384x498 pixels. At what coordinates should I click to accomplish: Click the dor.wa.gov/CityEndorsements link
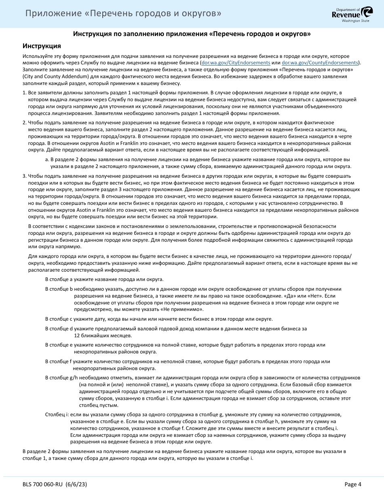236,63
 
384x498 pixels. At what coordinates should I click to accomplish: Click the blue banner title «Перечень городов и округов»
123,14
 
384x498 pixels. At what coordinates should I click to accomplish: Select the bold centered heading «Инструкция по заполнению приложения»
192,34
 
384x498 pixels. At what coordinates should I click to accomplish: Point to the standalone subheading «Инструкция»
42,46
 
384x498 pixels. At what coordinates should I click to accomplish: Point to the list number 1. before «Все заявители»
24,93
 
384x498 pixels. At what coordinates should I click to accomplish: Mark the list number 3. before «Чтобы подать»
24,176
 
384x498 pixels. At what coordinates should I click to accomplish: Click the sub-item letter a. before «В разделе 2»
47,160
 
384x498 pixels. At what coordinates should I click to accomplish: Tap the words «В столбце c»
59,319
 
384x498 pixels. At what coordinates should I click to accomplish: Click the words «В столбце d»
59,328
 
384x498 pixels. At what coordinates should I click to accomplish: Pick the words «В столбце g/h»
61,378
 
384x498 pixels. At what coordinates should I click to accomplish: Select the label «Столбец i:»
57,415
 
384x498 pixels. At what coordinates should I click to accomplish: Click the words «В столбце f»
59,361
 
